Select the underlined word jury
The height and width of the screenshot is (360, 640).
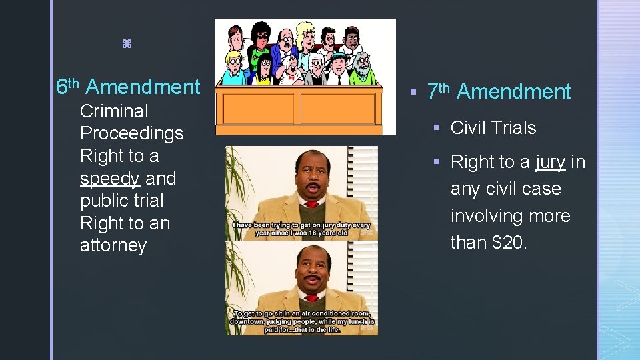pyautogui.click(x=550, y=162)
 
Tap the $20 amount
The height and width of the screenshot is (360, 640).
pyautogui.click(x=509, y=243)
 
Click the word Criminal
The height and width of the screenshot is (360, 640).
pyautogui.click(x=114, y=111)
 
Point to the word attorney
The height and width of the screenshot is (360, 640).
pyautogui.click(x=113, y=245)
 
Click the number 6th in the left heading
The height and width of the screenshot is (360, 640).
pyautogui.click(x=67, y=87)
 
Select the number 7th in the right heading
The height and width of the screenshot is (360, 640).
pyautogui.click(x=439, y=91)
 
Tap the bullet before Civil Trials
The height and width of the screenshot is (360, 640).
pyautogui.click(x=435, y=128)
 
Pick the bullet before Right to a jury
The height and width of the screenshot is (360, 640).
pyautogui.click(x=435, y=162)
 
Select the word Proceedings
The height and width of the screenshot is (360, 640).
pyautogui.click(x=131, y=134)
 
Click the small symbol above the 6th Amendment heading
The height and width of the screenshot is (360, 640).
pyautogui.click(x=127, y=44)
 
